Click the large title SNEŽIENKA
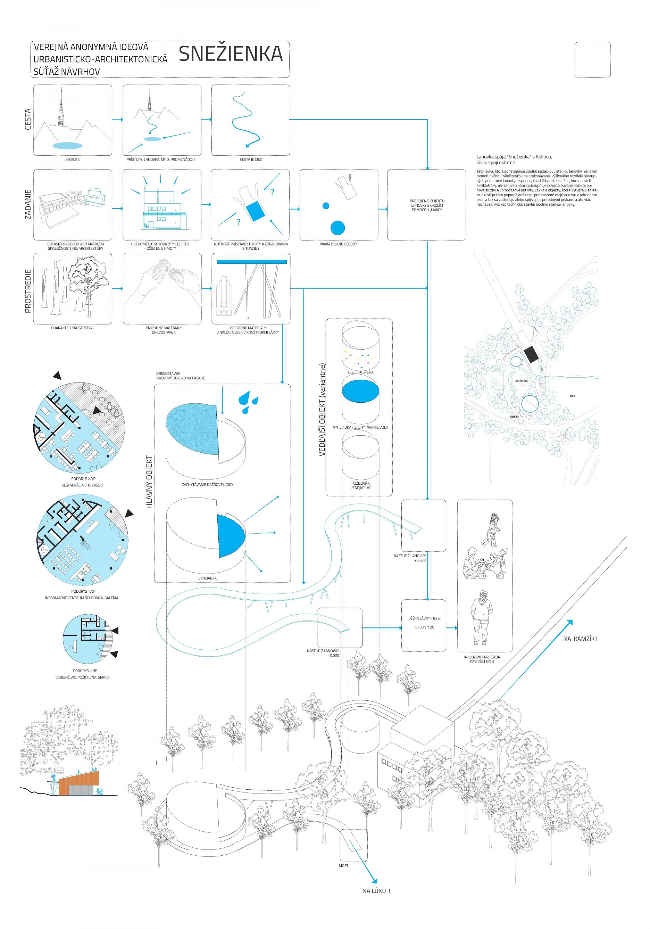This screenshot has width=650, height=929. point(231,54)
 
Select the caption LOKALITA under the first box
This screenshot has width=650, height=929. point(72,159)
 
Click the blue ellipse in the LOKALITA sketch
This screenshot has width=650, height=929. point(67,145)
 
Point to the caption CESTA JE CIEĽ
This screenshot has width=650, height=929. point(251,159)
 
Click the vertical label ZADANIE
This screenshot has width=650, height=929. point(28,204)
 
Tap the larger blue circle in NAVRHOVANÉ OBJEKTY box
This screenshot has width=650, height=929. point(337,228)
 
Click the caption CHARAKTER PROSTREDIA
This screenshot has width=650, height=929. point(72,328)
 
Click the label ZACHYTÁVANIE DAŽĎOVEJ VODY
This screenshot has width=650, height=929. point(208,484)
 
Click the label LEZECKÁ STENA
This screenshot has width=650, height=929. point(360,372)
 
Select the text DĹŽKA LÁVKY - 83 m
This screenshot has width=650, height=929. point(424,618)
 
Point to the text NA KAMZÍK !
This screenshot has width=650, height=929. point(580,639)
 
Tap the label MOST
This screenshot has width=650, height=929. point(343,865)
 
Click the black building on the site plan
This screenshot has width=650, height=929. point(531,354)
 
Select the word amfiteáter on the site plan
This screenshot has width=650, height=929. point(522,381)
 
